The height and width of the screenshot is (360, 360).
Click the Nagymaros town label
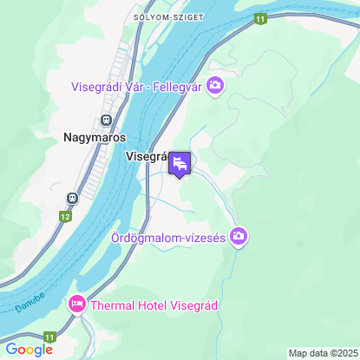pos(95,137)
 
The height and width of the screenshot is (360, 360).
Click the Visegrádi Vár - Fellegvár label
pos(137,85)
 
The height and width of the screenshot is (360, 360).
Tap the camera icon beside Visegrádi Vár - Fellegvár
pos(215,85)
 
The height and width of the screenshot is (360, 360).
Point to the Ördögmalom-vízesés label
pos(168,237)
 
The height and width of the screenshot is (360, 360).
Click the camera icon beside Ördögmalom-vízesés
pos(239,236)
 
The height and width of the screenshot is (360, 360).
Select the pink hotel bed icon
pos(76,304)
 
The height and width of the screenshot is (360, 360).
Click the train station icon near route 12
pos(73,197)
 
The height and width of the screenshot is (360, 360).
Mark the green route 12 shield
pos(65,214)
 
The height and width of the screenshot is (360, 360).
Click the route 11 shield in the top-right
pos(259,17)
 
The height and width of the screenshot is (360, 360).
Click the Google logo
pos(29,350)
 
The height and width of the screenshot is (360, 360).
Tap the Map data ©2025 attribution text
pos(322,353)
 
